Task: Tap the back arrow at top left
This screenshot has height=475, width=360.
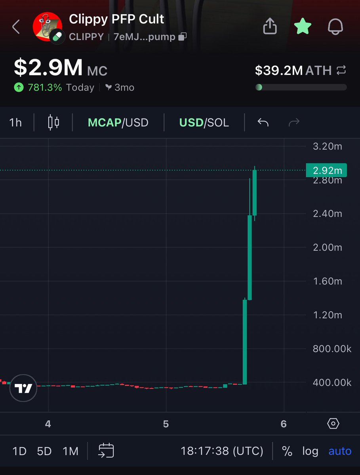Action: pos(16,27)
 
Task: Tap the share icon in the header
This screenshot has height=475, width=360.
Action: pos(270,27)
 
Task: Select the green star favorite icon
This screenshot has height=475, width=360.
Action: pos(303,27)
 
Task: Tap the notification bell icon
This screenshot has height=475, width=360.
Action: pos(335,27)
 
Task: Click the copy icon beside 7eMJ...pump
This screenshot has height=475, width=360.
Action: pos(182,37)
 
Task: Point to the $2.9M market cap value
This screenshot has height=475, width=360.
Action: pos(48,68)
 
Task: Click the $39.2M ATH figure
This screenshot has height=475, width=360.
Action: pos(279,70)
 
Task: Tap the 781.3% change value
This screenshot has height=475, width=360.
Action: pos(44,87)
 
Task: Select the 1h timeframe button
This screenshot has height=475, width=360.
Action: pos(15,122)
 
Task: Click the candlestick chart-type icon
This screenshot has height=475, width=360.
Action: pos(53,122)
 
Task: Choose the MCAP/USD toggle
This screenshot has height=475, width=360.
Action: pos(118,122)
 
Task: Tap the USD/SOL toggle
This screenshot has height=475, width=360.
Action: pos(204,122)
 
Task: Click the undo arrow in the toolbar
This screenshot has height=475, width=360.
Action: pos(263,122)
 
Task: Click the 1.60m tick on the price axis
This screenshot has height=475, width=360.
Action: pos(327,281)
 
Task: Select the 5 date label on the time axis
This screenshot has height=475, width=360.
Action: pos(166,424)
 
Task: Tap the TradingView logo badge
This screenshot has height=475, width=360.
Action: pos(24,388)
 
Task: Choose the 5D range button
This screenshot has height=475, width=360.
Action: pos(44,451)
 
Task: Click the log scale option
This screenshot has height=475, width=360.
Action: pos(310,451)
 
